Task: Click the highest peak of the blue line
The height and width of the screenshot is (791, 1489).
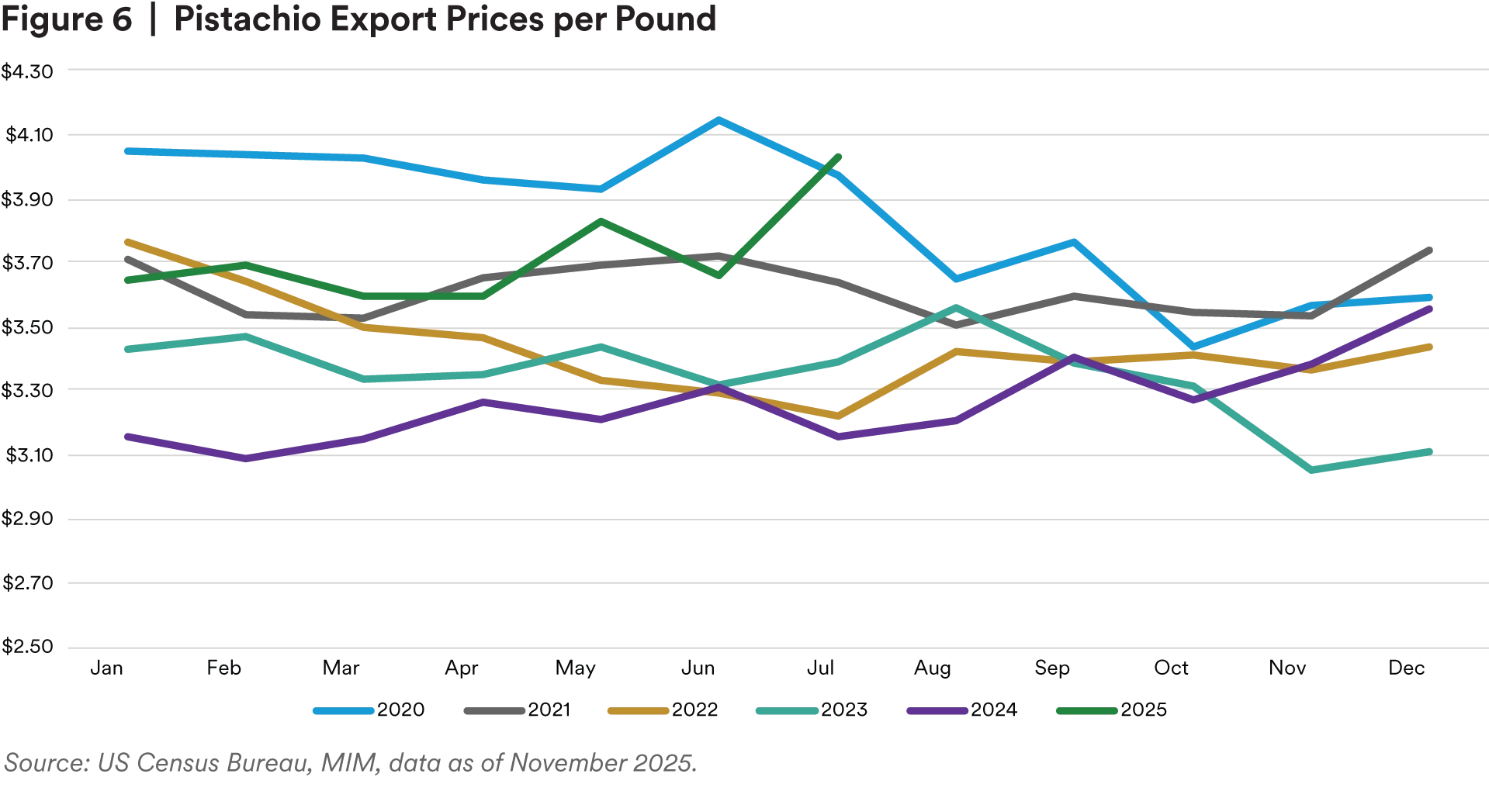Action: click(x=719, y=120)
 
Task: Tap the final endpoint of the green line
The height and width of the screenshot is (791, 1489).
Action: click(x=838, y=155)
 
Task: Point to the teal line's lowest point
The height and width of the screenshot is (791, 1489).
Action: click(x=1311, y=470)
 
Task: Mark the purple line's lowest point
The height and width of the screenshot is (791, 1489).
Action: click(x=244, y=459)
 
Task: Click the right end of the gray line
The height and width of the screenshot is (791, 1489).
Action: click(x=1430, y=247)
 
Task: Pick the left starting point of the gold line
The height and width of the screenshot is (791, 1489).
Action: click(x=126, y=241)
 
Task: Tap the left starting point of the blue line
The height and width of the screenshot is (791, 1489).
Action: click(x=126, y=150)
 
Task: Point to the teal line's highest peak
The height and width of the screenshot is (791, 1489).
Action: click(x=957, y=309)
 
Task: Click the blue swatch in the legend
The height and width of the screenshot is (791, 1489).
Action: click(x=344, y=711)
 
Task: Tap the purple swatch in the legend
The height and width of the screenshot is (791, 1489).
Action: click(x=937, y=711)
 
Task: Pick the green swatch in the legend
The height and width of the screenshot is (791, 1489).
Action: click(x=1086, y=711)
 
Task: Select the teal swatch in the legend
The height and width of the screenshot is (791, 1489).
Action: click(x=784, y=711)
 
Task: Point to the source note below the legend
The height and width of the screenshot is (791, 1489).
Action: click(x=349, y=765)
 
